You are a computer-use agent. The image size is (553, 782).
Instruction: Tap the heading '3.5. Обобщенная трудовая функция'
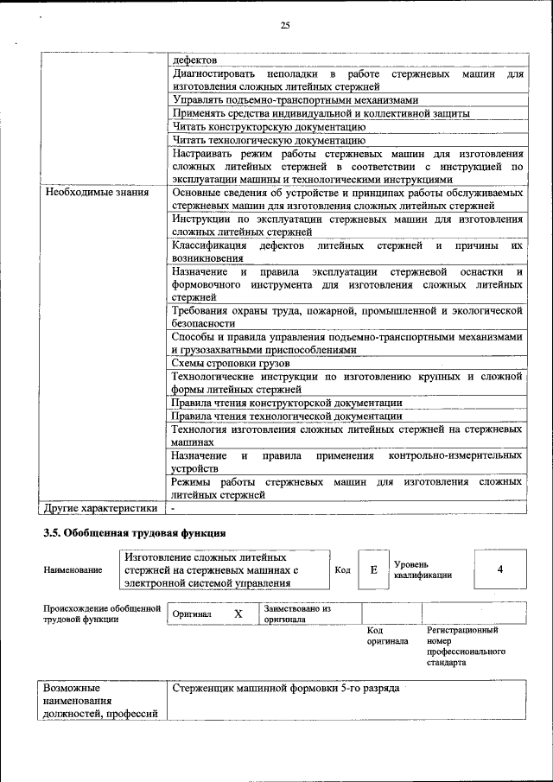point(135,532)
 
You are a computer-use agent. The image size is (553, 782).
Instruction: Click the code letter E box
point(373,569)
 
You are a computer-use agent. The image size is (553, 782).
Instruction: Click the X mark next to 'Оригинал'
point(238,614)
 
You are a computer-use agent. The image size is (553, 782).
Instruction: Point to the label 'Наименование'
point(73,570)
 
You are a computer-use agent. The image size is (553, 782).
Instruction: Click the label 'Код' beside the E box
point(342,569)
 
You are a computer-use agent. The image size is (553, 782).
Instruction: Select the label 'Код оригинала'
point(387,636)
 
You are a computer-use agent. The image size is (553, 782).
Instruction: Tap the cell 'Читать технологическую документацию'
point(269,139)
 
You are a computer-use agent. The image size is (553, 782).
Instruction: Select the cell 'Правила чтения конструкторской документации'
point(286,403)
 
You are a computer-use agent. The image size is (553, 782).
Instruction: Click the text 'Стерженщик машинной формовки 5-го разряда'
point(285,690)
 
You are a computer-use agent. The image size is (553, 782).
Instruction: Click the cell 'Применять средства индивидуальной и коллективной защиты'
point(320,113)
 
